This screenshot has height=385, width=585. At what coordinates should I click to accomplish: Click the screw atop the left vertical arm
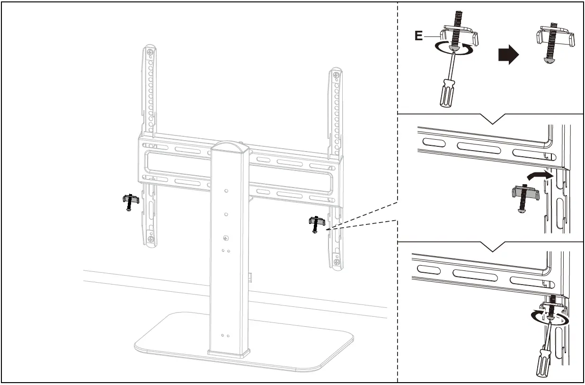pos(150,52)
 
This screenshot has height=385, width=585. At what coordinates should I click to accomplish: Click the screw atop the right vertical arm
pos(336,74)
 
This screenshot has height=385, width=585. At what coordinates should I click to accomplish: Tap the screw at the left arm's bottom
pos(150,240)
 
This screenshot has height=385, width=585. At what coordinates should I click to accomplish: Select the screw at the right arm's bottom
pos(336,262)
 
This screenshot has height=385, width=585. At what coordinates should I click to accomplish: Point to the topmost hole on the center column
pos(226,191)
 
